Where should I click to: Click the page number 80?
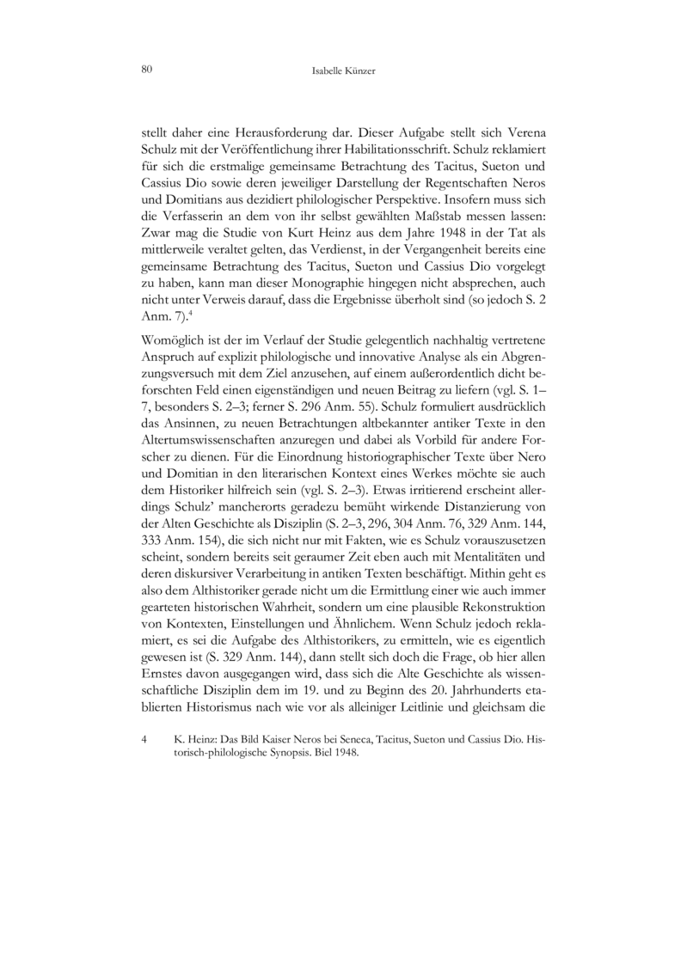coord(144,70)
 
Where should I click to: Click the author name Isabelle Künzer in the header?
coord(343,70)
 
